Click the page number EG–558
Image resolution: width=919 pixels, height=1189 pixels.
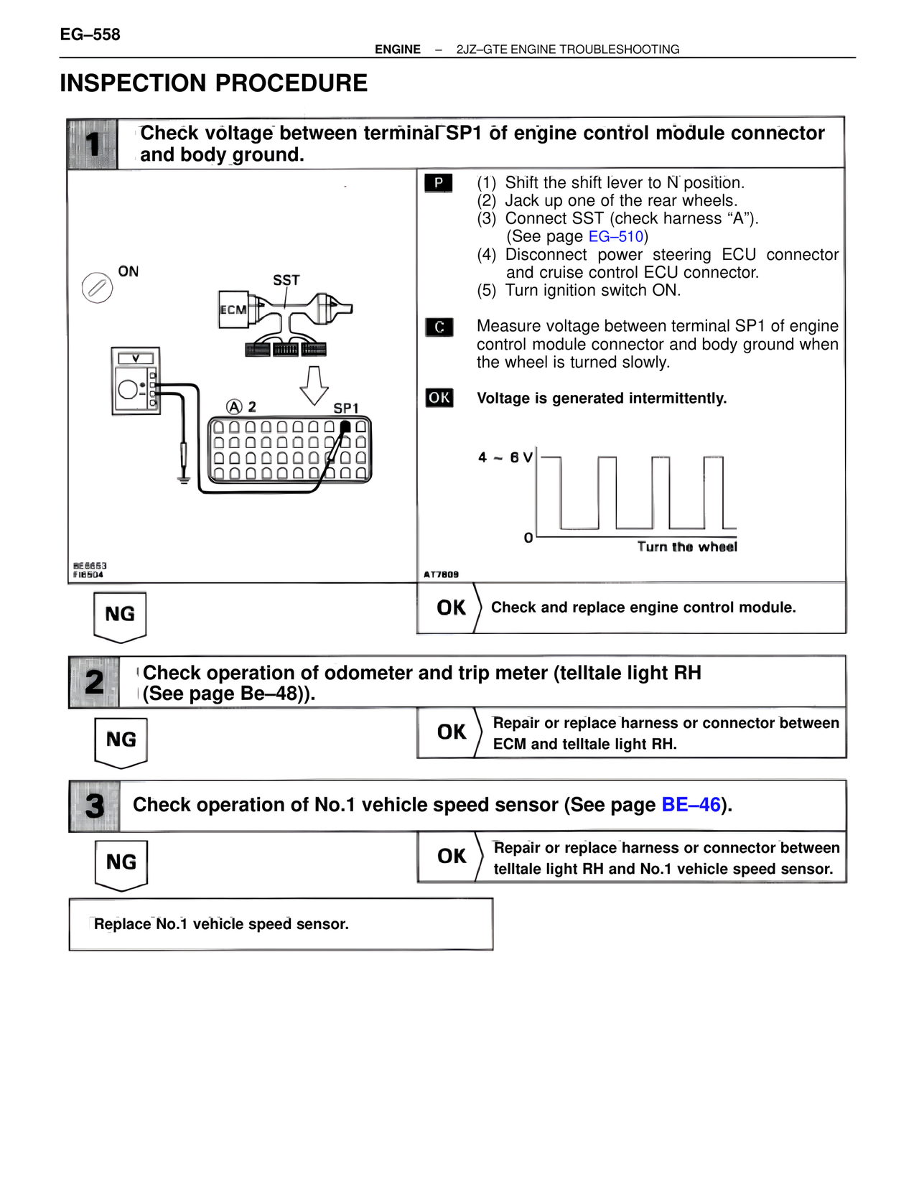pyautogui.click(x=90, y=34)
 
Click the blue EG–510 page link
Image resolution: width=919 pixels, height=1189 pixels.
pyautogui.click(x=615, y=236)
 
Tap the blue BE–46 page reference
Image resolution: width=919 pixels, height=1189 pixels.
pyautogui.click(x=691, y=804)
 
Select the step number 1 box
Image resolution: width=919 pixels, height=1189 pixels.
pyautogui.click(x=92, y=144)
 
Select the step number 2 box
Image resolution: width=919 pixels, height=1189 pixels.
pyautogui.click(x=94, y=682)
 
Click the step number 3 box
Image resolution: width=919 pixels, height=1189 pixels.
pyautogui.click(x=95, y=806)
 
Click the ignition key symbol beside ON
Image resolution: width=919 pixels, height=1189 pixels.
pyautogui.click(x=98, y=287)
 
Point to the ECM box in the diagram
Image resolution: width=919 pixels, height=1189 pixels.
pyautogui.click(x=233, y=309)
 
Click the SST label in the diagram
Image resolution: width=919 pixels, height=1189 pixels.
pyautogui.click(x=286, y=280)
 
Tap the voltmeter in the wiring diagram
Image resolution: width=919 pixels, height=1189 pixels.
pyautogui.click(x=136, y=381)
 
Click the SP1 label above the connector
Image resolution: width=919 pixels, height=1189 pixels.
pyautogui.click(x=346, y=409)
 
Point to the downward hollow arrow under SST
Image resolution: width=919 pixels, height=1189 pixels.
pyautogui.click(x=314, y=386)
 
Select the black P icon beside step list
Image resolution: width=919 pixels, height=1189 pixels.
pyautogui.click(x=439, y=183)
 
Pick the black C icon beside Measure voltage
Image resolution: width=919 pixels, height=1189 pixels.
pyautogui.click(x=439, y=327)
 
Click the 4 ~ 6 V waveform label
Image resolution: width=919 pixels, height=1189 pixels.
pyautogui.click(x=505, y=457)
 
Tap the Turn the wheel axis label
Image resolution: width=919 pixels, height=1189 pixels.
pyautogui.click(x=687, y=546)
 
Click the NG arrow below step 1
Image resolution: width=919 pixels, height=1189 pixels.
pyautogui.click(x=121, y=617)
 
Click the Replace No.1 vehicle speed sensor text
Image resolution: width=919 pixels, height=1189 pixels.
pyautogui.click(x=222, y=924)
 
